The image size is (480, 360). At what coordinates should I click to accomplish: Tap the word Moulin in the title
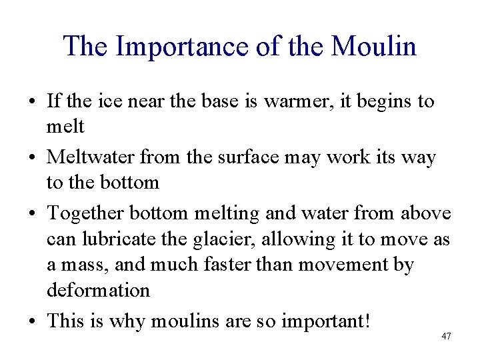click(374, 47)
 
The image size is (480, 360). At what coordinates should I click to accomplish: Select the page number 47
click(446, 336)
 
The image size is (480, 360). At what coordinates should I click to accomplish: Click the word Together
click(85, 214)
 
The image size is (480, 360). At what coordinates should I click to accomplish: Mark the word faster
click(211, 265)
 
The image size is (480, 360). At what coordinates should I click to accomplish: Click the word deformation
click(98, 290)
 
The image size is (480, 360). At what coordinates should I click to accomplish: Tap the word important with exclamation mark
click(323, 321)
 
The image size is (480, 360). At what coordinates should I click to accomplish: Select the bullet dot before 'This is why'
click(32, 322)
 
